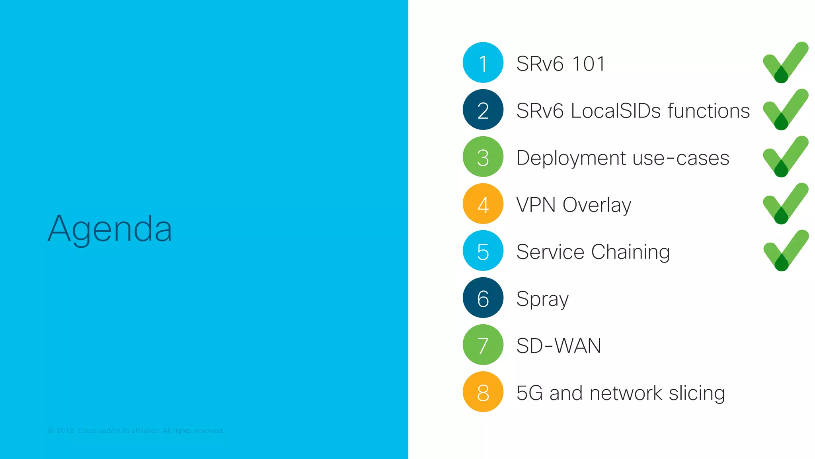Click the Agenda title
point(110,229)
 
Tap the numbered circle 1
point(483,63)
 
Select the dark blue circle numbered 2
point(483,110)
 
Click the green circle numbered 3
point(483,157)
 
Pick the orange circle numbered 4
point(483,204)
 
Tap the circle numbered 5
point(483,251)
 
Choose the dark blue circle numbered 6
point(483,298)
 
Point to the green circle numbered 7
point(483,345)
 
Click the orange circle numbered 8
point(483,392)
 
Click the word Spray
point(542,299)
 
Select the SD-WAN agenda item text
point(559,345)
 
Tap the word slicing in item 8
point(697,393)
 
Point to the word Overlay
point(597,205)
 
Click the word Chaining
point(630,252)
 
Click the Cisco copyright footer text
point(136,431)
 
